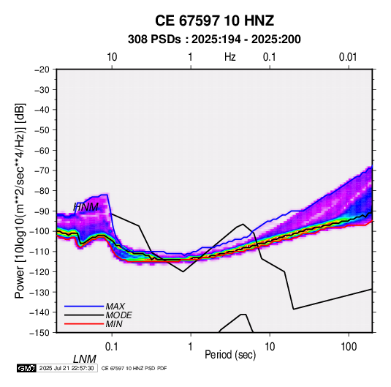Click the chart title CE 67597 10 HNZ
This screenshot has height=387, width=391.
(214, 20)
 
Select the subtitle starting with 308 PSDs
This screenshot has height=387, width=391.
(214, 40)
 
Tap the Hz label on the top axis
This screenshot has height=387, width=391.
(230, 57)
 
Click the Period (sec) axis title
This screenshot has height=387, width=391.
(230, 355)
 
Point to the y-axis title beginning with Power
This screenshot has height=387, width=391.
(20, 201)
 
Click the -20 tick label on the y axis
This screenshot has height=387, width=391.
(42, 69)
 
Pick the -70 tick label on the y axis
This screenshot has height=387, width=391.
(42, 170)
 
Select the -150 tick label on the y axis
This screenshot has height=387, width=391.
(39, 333)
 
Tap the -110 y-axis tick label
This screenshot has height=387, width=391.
(39, 252)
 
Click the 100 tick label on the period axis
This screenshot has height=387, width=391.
(349, 347)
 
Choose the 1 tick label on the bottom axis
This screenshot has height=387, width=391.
(190, 347)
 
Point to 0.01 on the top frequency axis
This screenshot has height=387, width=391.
(348, 57)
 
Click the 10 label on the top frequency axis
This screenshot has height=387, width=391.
(112, 57)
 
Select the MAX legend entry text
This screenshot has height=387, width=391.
(115, 307)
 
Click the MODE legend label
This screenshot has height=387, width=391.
(118, 315)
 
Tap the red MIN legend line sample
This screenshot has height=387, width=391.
(84, 324)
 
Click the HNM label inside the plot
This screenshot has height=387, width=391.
(86, 207)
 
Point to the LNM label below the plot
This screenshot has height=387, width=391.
(85, 359)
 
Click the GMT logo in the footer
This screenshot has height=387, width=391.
(26, 368)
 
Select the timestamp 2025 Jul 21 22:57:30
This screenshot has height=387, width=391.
(67, 368)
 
